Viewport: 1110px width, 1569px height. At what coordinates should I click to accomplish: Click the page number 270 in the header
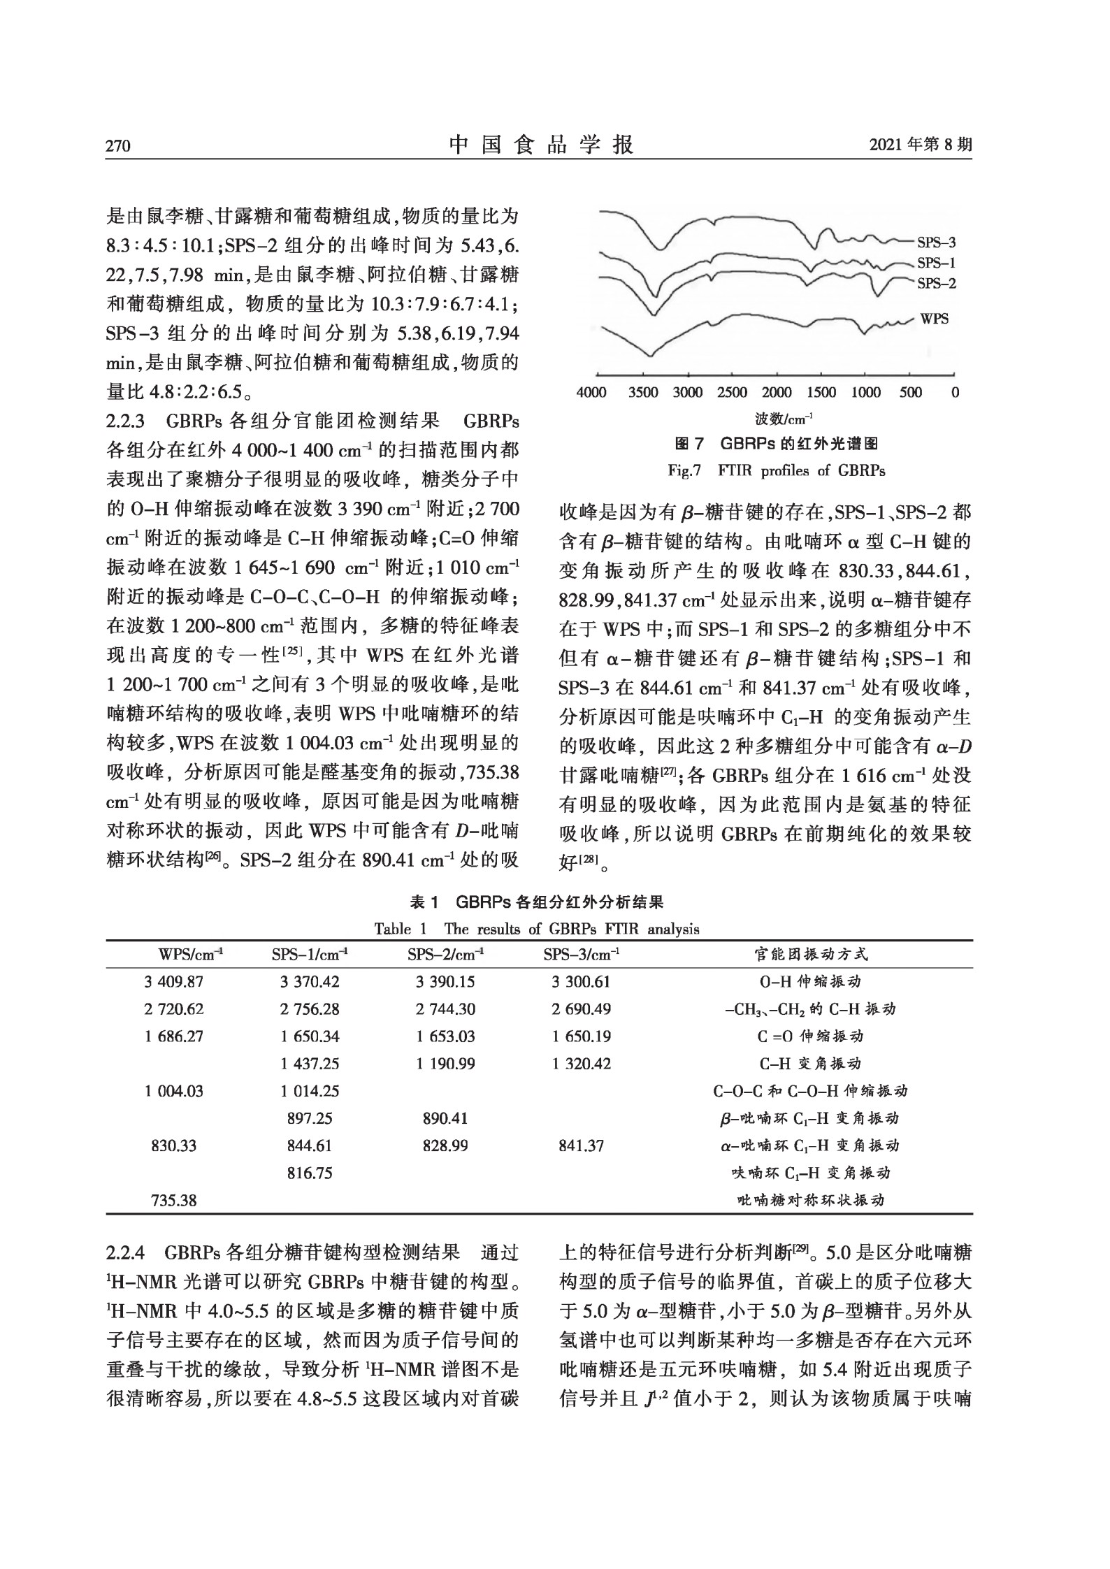point(118,146)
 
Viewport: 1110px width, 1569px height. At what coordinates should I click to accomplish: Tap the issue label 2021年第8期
point(920,145)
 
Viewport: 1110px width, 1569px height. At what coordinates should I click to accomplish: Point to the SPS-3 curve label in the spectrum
point(936,243)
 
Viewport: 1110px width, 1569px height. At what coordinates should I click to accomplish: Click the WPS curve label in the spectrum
point(934,319)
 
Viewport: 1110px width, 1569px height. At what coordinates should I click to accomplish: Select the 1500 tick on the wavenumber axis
point(821,393)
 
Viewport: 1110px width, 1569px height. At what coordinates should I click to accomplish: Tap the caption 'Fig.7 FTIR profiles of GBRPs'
point(776,470)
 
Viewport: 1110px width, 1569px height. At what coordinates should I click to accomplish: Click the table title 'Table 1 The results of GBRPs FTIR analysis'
point(536,929)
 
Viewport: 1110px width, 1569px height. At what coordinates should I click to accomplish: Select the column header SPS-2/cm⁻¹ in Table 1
point(445,954)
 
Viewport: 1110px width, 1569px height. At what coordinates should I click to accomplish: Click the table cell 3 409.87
point(173,981)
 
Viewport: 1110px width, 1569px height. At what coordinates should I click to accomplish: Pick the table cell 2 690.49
point(581,1008)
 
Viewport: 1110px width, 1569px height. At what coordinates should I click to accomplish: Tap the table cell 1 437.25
point(310,1064)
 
